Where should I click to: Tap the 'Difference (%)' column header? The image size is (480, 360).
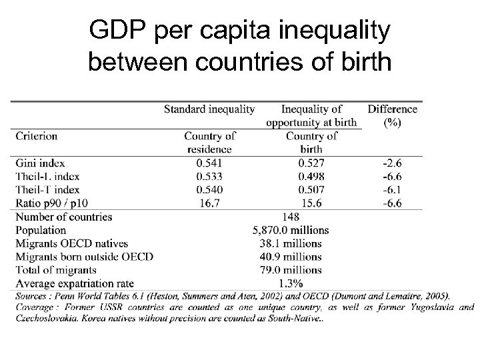393,115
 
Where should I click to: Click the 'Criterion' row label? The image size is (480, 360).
37,136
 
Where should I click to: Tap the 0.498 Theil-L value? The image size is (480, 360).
311,177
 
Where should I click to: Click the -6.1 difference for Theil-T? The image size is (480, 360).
392,190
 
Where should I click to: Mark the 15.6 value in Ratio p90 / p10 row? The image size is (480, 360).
311,203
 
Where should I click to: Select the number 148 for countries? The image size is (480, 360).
291,217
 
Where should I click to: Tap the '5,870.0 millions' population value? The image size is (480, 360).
291,230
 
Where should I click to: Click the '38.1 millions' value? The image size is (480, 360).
291,243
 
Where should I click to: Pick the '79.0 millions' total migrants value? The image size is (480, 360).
291,270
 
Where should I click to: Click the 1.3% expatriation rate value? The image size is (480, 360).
291,283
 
